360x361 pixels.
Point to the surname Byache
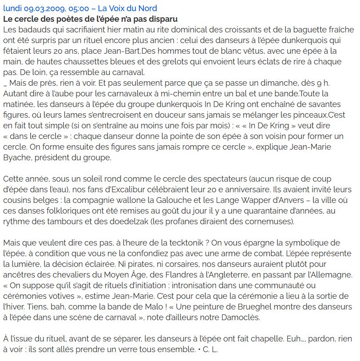18,158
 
